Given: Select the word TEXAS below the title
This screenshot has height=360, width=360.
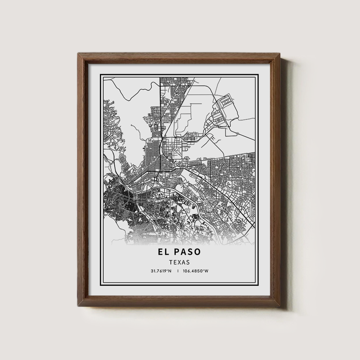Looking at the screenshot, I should pyautogui.click(x=179, y=262).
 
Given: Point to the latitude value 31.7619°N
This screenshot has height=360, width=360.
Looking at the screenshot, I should pyautogui.click(x=161, y=271).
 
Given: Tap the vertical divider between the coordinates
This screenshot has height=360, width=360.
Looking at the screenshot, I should pyautogui.click(x=179, y=271).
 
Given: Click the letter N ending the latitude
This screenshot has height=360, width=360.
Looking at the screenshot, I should pyautogui.click(x=170, y=271).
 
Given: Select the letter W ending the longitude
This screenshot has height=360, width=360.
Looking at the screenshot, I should pyautogui.click(x=207, y=271).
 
